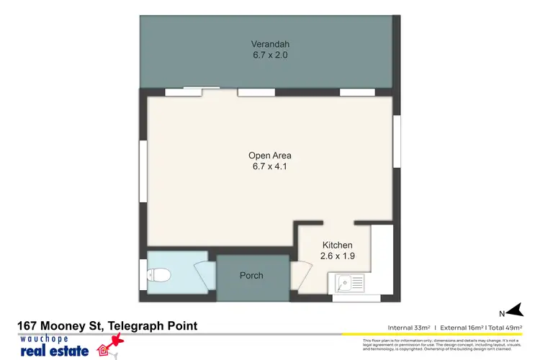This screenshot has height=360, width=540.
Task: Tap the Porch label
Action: pyautogui.click(x=251, y=276)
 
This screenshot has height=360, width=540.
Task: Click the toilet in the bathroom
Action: pyautogui.click(x=158, y=274)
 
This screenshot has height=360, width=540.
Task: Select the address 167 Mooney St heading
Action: pyautogui.click(x=107, y=326)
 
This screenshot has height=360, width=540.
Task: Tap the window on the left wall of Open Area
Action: pyautogui.click(x=143, y=166)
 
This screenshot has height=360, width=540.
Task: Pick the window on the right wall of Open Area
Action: pyautogui.click(x=396, y=142)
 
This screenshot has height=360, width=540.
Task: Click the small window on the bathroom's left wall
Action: pyautogui.click(x=143, y=274)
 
